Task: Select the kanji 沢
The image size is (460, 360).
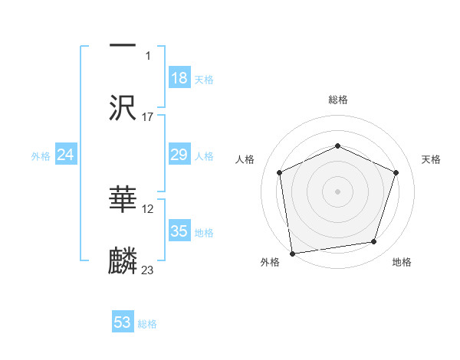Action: point(123,107)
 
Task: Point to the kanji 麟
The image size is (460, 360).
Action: point(123,260)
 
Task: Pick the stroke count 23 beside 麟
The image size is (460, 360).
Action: point(148,270)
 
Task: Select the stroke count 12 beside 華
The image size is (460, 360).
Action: point(148,209)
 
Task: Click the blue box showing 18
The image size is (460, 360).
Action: point(179,78)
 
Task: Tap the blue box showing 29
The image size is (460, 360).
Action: point(179,155)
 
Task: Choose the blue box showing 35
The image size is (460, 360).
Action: point(179,231)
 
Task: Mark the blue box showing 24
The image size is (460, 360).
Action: point(65,155)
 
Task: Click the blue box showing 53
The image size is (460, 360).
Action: point(123,322)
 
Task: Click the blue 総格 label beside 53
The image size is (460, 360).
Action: point(147,324)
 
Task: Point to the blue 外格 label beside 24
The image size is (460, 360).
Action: point(41,156)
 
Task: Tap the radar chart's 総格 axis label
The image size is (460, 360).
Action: point(337,100)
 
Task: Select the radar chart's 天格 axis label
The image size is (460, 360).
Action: point(431,159)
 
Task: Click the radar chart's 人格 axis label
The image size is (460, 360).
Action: point(245,159)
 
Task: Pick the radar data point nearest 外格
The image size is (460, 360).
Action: point(292,253)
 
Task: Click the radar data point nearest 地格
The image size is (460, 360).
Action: point(374,242)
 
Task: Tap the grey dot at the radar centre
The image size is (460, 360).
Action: point(337,191)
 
